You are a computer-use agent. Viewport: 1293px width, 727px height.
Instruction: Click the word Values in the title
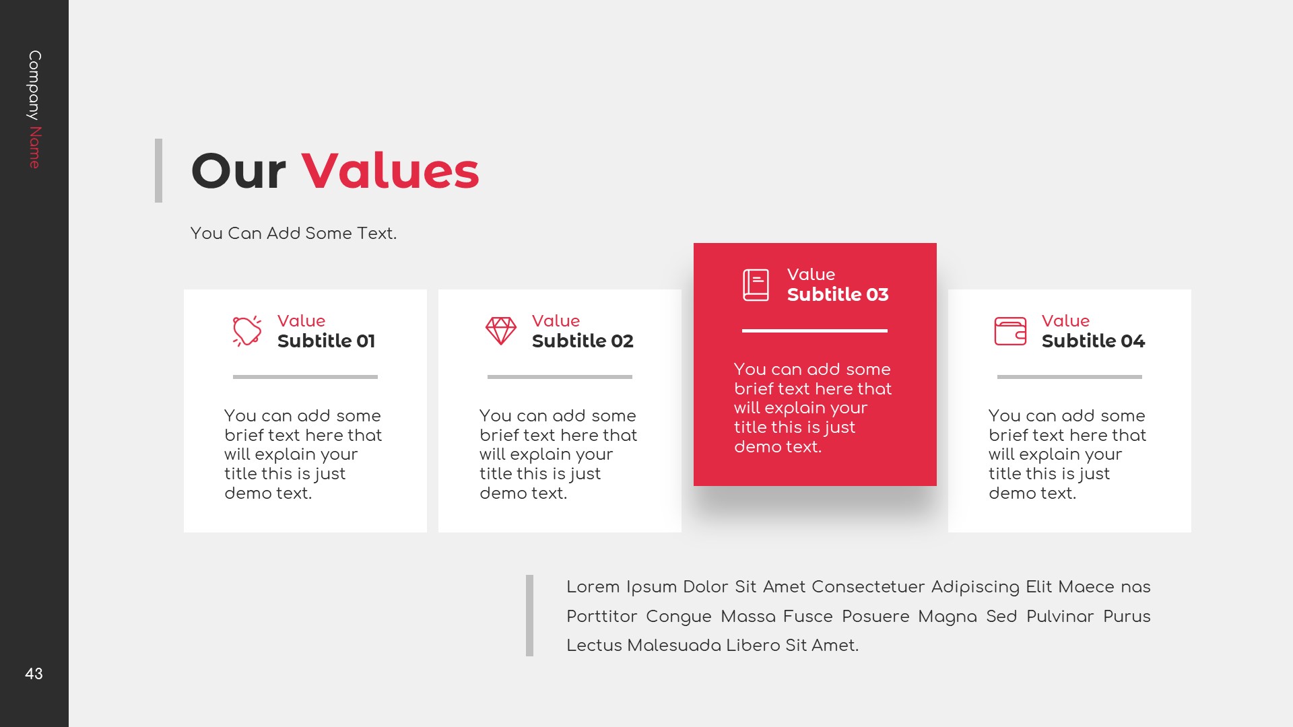390,171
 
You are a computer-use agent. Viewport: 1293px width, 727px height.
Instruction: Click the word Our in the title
238,171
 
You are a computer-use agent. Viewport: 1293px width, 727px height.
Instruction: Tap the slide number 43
34,674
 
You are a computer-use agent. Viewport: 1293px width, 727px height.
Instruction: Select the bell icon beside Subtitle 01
247,331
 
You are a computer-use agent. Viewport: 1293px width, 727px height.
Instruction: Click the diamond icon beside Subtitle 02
501,331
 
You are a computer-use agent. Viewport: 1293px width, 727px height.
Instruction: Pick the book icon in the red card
756,285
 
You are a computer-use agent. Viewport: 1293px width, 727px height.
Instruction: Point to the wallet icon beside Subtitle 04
1010,331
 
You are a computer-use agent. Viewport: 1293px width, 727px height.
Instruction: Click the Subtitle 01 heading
326,341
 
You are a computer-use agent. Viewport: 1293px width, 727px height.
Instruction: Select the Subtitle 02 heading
583,341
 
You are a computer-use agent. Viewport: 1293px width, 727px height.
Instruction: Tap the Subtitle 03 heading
838,295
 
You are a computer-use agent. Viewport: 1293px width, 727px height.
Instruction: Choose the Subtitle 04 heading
1093,341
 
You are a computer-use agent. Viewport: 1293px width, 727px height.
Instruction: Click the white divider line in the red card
815,331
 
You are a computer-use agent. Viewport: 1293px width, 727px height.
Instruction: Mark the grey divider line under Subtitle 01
305,377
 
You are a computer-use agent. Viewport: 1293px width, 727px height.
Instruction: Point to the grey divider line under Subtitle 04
1069,377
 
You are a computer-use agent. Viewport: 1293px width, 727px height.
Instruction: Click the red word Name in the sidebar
34,147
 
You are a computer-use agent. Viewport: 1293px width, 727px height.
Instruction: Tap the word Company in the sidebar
34,85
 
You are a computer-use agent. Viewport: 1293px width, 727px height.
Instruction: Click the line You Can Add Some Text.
294,234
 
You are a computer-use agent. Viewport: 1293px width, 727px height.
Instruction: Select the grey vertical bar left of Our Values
158,170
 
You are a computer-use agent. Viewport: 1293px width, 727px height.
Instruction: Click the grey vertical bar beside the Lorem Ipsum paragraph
529,615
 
